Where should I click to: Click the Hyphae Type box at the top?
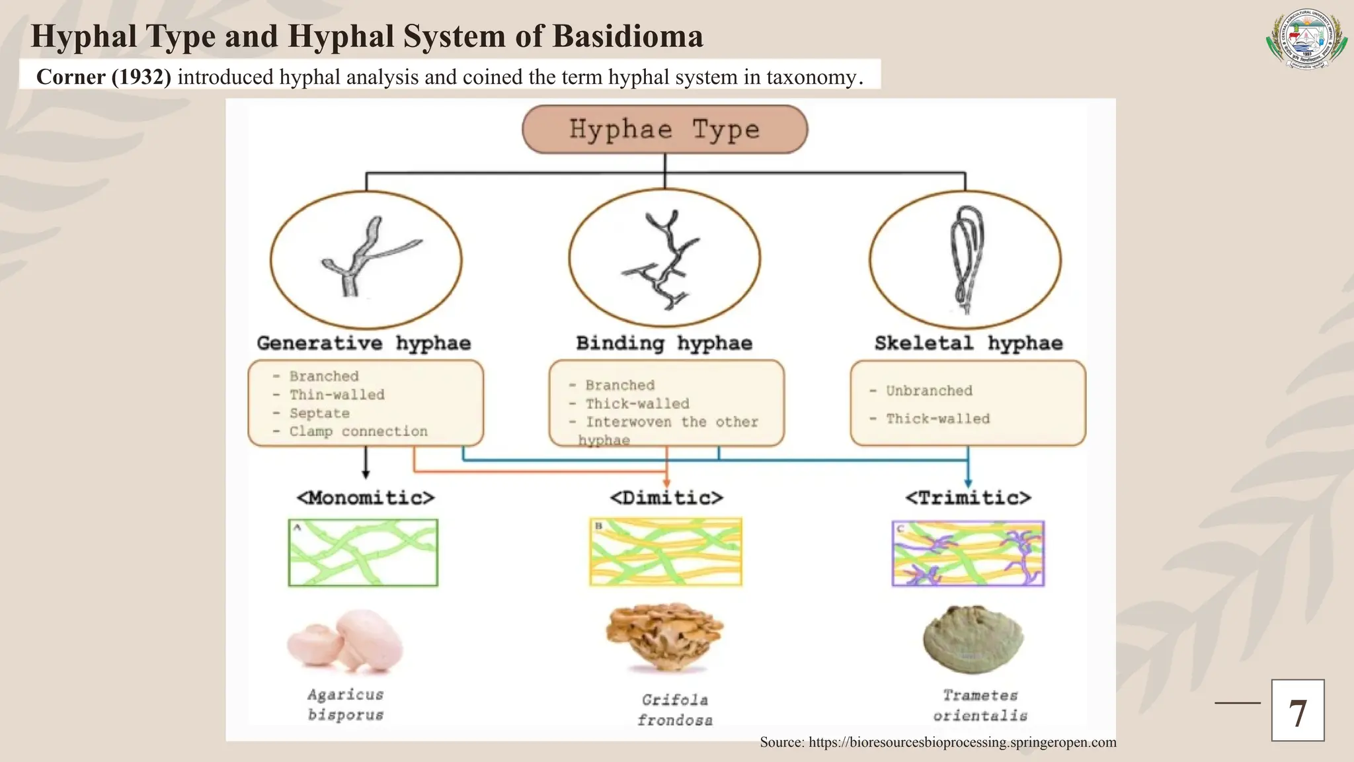pos(664,130)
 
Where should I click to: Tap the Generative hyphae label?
pos(364,343)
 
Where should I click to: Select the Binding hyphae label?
pos(664,343)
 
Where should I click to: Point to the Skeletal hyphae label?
pos(969,343)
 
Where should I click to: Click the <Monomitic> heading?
pos(366,497)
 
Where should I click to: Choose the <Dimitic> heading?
pos(666,497)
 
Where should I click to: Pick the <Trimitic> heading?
pos(968,497)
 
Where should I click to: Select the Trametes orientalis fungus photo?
pos(973,639)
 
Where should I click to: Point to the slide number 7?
pos(1297,710)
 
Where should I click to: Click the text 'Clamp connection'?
pos(358,432)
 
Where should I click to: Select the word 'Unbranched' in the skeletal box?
pos(929,391)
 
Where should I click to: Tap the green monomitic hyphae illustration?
pos(363,553)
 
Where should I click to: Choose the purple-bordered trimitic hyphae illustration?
pos(968,554)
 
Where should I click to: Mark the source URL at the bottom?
pos(937,742)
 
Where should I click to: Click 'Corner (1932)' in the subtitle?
pos(104,77)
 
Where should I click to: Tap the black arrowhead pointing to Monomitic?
pos(366,474)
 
